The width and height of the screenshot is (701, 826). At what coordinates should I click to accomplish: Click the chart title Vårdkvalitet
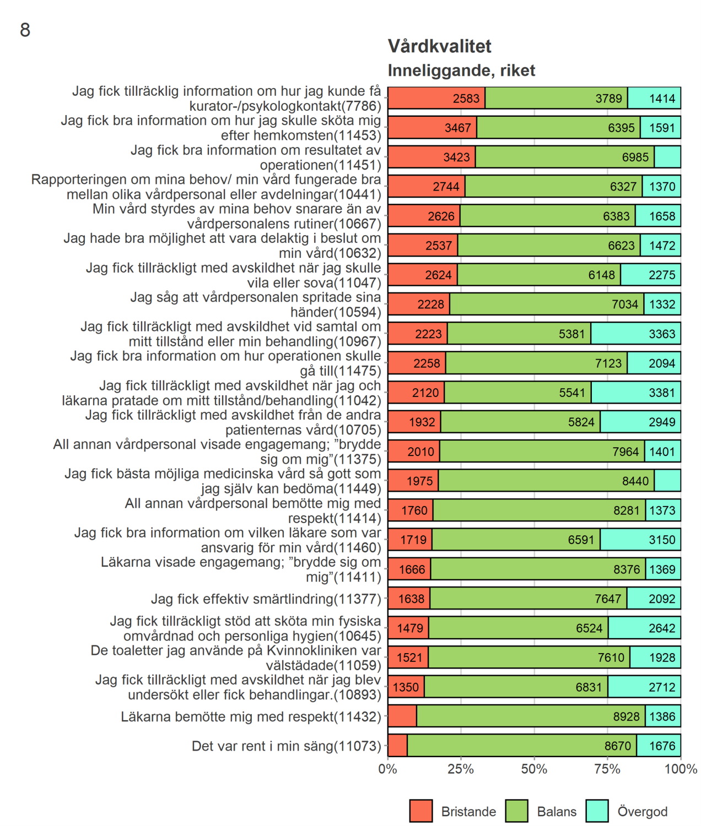tap(439, 46)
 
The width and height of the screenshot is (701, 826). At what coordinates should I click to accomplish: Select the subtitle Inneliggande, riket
tap(461, 70)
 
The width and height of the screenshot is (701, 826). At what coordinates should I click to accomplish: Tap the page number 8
tap(25, 30)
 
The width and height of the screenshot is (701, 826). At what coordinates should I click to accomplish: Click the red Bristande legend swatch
tap(421, 811)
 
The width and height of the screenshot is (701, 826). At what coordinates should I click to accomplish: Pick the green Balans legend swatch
tap(516, 811)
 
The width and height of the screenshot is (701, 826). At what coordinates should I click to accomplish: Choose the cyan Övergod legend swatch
tap(597, 811)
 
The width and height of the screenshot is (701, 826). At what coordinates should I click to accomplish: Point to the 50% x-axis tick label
tap(534, 769)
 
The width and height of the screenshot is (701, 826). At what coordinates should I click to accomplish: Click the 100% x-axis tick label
tap(681, 769)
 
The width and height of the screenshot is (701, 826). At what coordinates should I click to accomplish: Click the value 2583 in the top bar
tap(466, 99)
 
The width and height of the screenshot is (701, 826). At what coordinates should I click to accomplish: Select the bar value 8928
tap(627, 716)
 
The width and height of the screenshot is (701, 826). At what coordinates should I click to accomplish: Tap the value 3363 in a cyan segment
tap(662, 334)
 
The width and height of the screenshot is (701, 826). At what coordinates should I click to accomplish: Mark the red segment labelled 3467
tap(433, 128)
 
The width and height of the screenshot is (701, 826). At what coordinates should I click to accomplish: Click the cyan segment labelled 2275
tap(651, 275)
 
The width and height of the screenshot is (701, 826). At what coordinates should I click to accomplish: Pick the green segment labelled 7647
tap(528, 599)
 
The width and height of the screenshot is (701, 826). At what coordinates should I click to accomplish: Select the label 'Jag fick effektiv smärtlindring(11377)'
tap(266, 599)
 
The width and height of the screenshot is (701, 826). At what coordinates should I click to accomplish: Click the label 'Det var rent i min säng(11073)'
tap(287, 746)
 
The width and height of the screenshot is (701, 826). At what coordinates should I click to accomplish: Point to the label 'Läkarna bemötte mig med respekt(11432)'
tap(251, 716)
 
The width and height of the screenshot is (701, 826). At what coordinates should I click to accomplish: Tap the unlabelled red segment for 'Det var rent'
tap(397, 746)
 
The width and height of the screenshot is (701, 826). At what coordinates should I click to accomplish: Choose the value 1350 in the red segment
tap(406, 687)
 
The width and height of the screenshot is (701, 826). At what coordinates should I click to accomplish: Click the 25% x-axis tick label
tap(461, 769)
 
